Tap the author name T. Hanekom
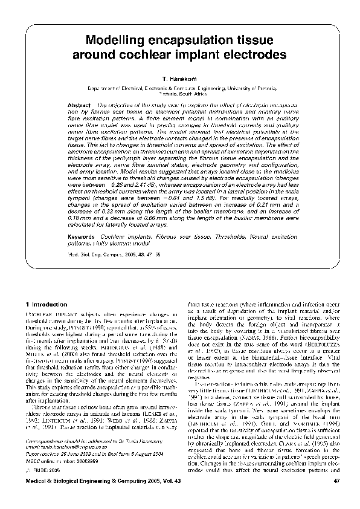[180, 79]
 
